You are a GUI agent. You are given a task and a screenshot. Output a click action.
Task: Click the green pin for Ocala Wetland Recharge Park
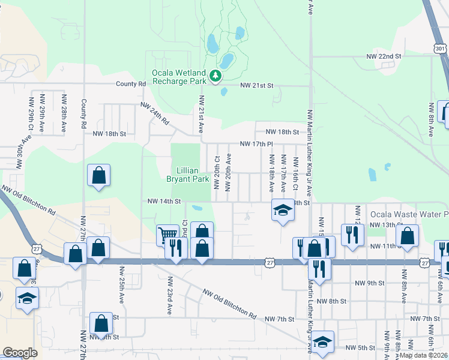pos(215,76)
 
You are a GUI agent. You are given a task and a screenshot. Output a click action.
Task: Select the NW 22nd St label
pos(384,56)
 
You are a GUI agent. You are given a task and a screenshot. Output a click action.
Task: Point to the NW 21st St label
pos(257,86)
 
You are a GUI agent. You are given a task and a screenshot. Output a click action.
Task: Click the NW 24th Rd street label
pos(155,113)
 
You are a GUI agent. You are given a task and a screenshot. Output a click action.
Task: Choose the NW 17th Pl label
pos(256,144)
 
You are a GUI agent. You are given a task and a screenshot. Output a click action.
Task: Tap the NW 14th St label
pos(164,202)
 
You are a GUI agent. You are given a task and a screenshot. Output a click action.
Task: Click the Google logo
pos(20,353)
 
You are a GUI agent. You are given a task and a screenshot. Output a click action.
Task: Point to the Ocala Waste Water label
pos(409,214)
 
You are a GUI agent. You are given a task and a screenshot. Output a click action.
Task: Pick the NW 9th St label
pos(369,283)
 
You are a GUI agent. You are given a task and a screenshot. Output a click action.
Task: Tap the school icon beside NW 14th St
pos(283,211)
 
